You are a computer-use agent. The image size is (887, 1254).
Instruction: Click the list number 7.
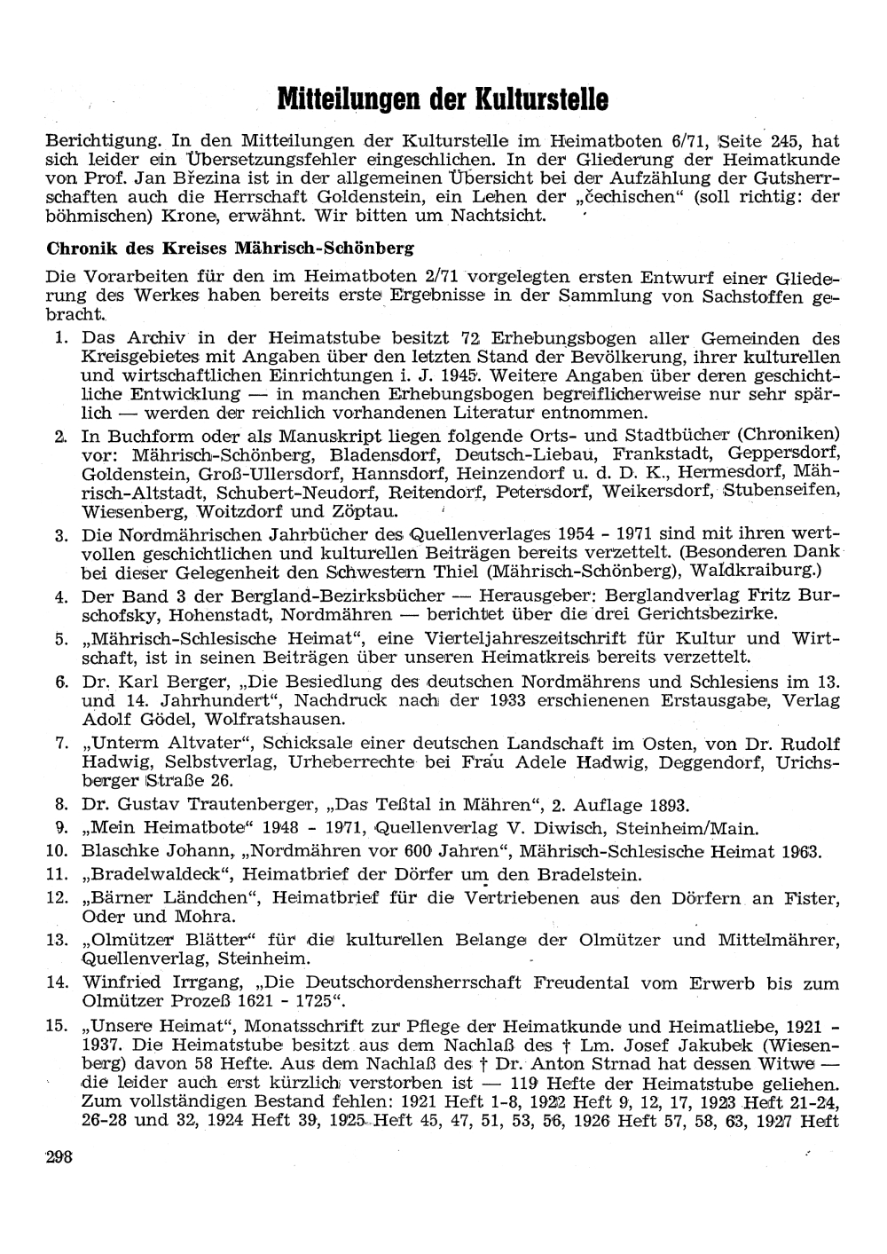pyautogui.click(x=62, y=744)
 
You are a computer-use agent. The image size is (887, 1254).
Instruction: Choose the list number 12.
pyautogui.click(x=58, y=898)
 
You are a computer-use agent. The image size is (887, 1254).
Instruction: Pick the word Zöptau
pyautogui.click(x=365, y=512)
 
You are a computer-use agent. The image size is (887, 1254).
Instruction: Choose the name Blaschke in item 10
pyautogui.click(x=118, y=852)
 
